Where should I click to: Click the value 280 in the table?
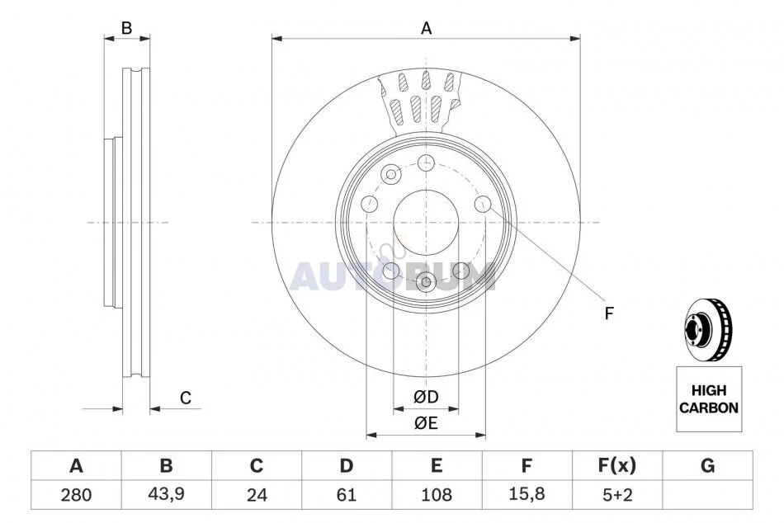click(x=76, y=494)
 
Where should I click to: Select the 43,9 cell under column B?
click(x=166, y=494)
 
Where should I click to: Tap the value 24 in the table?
click(x=257, y=494)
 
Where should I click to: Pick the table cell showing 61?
click(x=347, y=494)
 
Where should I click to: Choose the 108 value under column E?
click(x=437, y=494)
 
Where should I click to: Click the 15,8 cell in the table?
click(x=527, y=494)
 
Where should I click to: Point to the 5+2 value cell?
click(x=617, y=494)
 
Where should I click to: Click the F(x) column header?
click(x=617, y=465)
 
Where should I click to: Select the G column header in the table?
click(x=707, y=465)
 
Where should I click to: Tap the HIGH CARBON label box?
click(x=709, y=399)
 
